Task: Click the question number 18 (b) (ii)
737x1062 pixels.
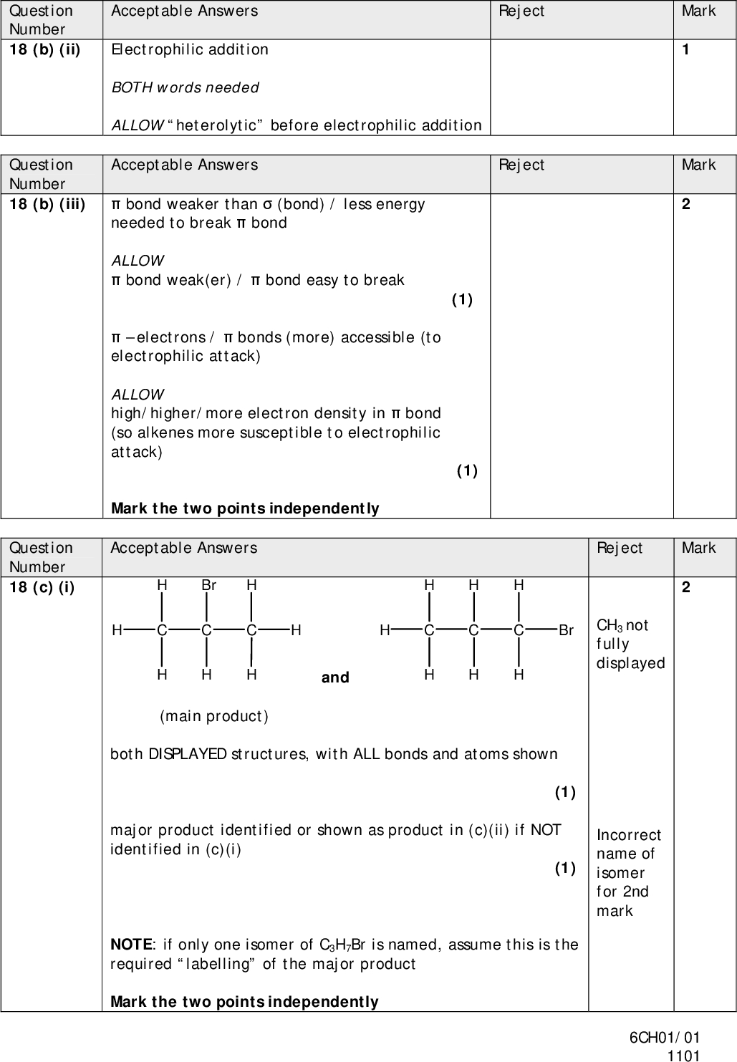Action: [44, 50]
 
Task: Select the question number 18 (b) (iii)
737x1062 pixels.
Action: [47, 205]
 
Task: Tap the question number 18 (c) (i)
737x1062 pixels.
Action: [42, 588]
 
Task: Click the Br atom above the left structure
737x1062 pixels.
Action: [208, 585]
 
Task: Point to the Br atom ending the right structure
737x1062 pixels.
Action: [566, 631]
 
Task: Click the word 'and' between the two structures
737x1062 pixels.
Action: [335, 677]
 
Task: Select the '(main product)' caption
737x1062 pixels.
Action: [214, 716]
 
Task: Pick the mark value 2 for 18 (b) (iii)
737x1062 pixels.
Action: [686, 205]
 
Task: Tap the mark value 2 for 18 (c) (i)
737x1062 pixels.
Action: [686, 588]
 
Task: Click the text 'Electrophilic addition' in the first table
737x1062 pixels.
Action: [190, 49]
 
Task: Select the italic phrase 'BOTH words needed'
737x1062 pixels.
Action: [185, 87]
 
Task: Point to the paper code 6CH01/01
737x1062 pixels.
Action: [665, 1038]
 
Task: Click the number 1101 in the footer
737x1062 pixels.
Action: [683, 1055]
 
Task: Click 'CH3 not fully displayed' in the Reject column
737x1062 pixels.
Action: [630, 644]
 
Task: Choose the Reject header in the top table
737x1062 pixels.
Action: [521, 11]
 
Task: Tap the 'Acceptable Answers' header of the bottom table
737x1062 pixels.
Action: [183, 548]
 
